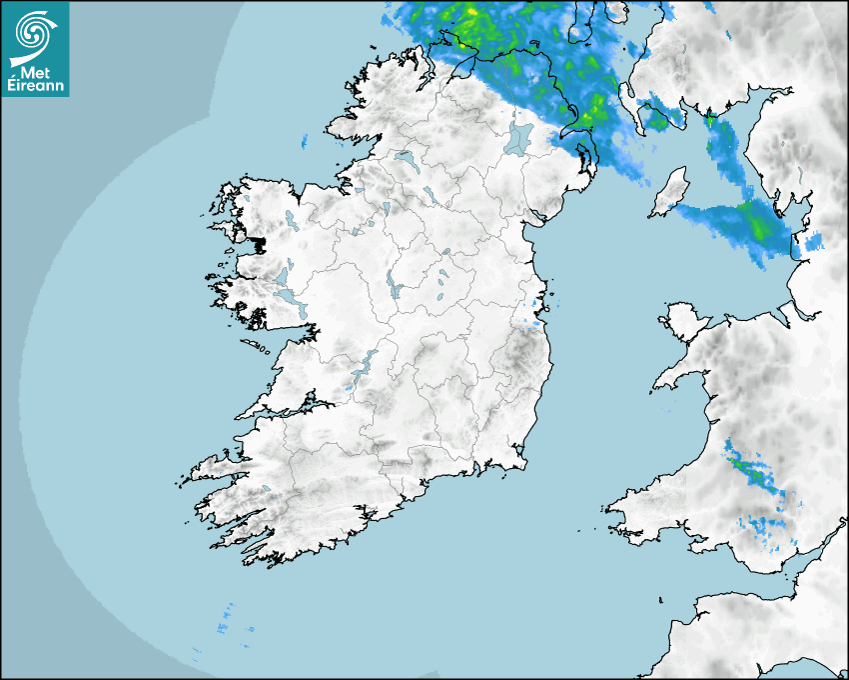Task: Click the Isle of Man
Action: pyautogui.click(x=669, y=192)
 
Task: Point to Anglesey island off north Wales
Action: pyautogui.click(x=684, y=317)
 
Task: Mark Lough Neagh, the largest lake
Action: pyautogui.click(x=519, y=137)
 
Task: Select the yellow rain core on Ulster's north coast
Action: pyautogui.click(x=469, y=14)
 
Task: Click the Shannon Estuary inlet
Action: pyautogui.click(x=280, y=409)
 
